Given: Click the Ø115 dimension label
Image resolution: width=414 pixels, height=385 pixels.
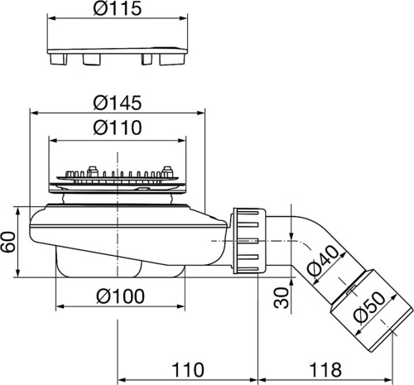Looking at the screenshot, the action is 118,7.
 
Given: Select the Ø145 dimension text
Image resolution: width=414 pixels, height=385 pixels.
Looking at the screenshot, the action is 118,103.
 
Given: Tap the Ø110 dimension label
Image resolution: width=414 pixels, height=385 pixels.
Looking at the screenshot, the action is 118,128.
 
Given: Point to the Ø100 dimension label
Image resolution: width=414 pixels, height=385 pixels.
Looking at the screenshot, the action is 120,296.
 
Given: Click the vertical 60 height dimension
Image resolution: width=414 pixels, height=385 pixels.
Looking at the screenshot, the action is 8,242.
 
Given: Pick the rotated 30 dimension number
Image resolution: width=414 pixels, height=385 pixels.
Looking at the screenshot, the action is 282,297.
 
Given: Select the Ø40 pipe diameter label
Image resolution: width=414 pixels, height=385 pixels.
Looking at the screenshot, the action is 323,260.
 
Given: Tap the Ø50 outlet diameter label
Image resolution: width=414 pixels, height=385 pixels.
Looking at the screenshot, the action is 369,307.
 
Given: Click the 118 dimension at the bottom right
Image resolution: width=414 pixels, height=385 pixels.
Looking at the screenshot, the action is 325,370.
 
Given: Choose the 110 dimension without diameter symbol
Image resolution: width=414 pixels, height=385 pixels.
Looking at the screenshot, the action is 188,370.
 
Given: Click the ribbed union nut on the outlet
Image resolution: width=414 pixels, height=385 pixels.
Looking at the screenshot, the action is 249,241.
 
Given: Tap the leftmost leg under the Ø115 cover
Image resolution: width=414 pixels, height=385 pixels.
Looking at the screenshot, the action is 58,59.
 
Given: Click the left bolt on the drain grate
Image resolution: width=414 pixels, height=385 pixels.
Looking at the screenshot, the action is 92,171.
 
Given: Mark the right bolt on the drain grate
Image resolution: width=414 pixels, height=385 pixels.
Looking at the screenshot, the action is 167,171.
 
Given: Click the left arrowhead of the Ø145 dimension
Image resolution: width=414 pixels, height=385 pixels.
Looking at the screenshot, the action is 33,113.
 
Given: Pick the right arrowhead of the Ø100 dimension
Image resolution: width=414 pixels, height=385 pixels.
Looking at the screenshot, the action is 181,306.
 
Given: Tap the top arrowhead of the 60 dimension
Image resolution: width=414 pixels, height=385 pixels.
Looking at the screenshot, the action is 18,211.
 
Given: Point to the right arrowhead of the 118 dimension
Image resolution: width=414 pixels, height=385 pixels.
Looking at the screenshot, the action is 388,380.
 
